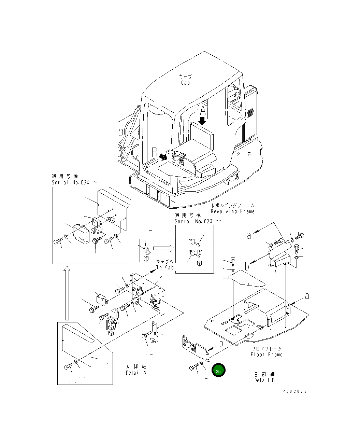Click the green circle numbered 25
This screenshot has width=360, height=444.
click(x=218, y=371)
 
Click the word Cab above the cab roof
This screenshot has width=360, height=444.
click(x=185, y=83)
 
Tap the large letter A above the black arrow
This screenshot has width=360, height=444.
click(x=203, y=111)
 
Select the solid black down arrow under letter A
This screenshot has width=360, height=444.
click(x=202, y=121)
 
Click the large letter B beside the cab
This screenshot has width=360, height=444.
click(x=155, y=151)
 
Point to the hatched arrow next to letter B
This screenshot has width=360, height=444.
click(x=163, y=156)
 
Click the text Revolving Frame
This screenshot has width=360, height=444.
click(x=232, y=211)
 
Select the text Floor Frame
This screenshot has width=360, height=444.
click(x=267, y=355)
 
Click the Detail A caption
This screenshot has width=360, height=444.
click(x=136, y=373)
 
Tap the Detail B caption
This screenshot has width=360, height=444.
click(x=264, y=380)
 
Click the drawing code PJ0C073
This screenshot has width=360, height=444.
click(x=294, y=391)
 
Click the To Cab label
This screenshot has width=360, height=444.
click(x=165, y=267)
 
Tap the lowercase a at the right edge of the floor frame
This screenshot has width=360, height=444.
click(x=307, y=296)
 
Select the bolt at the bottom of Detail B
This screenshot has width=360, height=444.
click(x=194, y=368)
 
